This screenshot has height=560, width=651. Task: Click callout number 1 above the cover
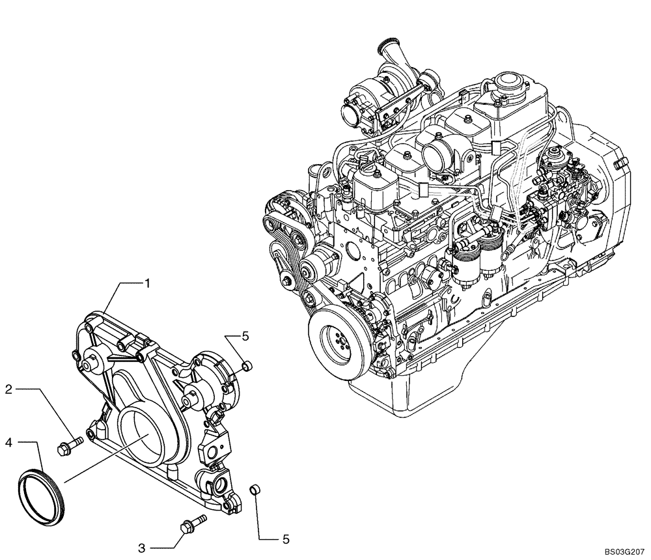(x=148, y=283)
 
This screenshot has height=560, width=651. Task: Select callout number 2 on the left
(x=9, y=389)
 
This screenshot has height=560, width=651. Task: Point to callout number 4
(x=9, y=443)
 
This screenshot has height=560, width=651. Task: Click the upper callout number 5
(x=245, y=336)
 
